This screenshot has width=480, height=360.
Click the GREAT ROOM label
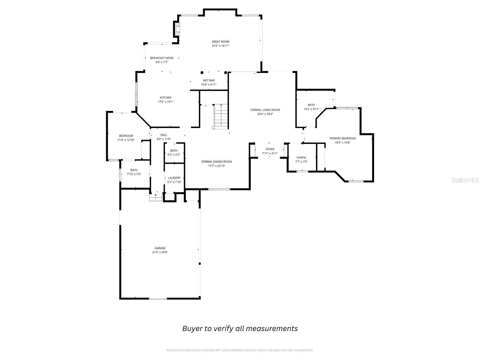[x=220, y=41]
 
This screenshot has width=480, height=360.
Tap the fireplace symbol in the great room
[x=177, y=29]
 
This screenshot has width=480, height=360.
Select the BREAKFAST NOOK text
[x=162, y=58]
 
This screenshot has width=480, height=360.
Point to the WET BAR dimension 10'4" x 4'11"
[x=209, y=85]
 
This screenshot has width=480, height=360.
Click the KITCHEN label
[x=166, y=97]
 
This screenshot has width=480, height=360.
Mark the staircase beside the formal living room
[x=221, y=117]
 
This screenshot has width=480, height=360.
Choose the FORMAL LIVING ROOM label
[x=265, y=110]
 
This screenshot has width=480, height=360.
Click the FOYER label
[x=270, y=149]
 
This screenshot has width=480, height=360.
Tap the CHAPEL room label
[x=301, y=157]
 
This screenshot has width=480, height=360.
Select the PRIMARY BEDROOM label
[x=343, y=138]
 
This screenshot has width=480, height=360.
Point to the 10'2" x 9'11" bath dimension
[x=311, y=109]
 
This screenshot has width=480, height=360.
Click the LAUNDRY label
[x=174, y=178]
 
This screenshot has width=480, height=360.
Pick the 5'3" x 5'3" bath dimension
[x=174, y=155]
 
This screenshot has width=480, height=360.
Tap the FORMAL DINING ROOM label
[x=217, y=162]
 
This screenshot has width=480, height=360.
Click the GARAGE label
[x=160, y=248]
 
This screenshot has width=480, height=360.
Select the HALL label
[x=163, y=135]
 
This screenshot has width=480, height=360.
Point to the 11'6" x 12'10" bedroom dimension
[x=126, y=140]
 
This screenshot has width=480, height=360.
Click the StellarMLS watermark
[x=465, y=180]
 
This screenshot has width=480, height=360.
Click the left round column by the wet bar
[x=202, y=73]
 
